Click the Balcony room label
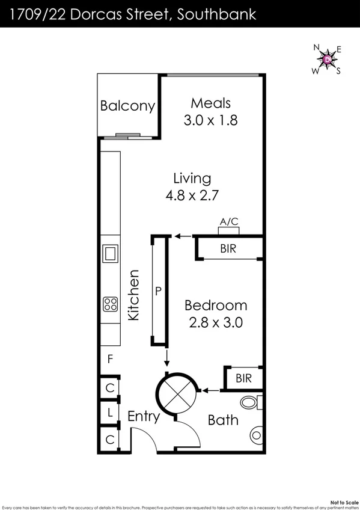(x=127, y=106)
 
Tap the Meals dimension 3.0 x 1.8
(x=210, y=120)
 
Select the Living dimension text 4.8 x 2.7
(x=192, y=195)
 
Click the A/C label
(x=228, y=222)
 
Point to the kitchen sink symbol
(x=110, y=253)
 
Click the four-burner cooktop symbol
(x=110, y=304)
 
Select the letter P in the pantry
(x=159, y=291)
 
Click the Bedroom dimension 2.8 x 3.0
(x=215, y=322)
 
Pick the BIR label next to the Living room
(x=228, y=248)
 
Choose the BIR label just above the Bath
(x=243, y=378)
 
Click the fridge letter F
(x=110, y=360)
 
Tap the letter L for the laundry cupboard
(x=110, y=414)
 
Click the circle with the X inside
(x=177, y=394)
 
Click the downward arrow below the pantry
(x=167, y=358)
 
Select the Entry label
(x=144, y=416)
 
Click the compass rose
(x=326, y=60)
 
